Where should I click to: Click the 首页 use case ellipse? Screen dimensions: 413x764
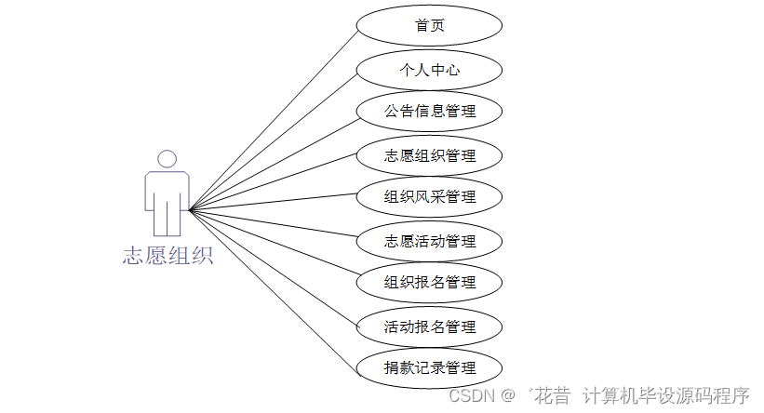coord(430,26)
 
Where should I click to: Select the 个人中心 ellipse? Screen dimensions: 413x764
coord(430,70)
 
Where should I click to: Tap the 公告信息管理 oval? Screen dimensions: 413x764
coord(430,112)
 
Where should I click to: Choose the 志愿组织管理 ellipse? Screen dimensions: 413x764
coord(430,155)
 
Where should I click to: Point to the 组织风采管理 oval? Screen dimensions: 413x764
coord(430,197)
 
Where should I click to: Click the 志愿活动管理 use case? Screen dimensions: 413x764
coord(430,241)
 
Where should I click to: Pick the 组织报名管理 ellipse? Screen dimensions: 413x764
coord(430,283)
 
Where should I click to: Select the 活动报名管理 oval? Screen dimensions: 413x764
coord(430,326)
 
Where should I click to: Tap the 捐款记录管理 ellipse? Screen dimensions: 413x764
coord(430,367)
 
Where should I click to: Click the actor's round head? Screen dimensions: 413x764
coord(168,159)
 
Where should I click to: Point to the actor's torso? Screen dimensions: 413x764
coord(168,191)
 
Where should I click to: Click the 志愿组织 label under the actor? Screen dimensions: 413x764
coord(168,256)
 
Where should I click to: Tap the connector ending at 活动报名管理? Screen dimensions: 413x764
coord(274,269)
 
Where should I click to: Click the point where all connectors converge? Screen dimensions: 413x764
coord(190,210)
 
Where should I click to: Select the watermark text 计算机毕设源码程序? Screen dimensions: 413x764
coord(665,396)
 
